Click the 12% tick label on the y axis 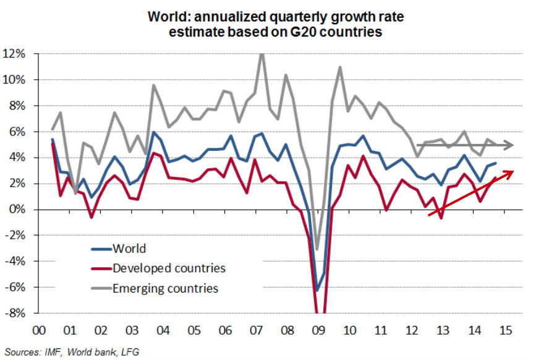click(14, 54)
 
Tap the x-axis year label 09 click(317, 328)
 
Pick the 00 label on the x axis click(38, 328)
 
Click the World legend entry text click(129, 249)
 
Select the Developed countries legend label click(169, 268)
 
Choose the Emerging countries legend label click(165, 288)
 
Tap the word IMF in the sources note click(56, 352)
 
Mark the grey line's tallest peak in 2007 click(262, 54)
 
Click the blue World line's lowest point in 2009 click(317, 291)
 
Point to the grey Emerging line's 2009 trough click(317, 249)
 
